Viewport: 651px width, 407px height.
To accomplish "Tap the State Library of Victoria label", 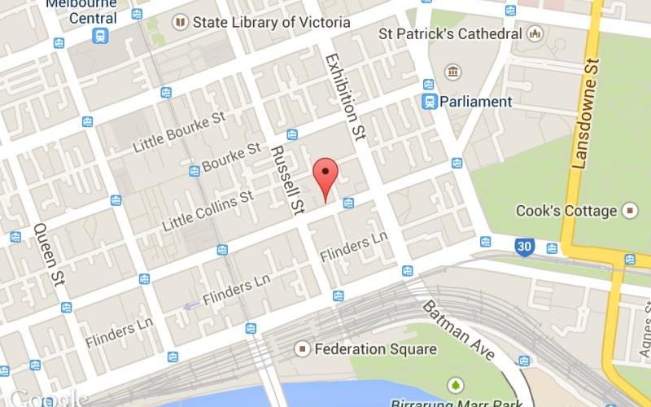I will [272, 23].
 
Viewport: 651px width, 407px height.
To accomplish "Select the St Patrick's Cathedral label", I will [450, 34].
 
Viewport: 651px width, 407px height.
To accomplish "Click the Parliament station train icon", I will [428, 102].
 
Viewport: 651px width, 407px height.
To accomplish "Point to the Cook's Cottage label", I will [566, 211].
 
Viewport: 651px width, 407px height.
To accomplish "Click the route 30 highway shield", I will [526, 245].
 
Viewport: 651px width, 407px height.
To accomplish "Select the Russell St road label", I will [287, 180].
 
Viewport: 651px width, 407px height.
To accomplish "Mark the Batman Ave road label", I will [458, 330].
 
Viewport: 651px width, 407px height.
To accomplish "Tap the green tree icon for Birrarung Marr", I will [455, 383].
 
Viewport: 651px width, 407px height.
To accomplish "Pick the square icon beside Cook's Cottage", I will [630, 211].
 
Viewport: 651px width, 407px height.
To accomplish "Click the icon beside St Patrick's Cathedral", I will [535, 34].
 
